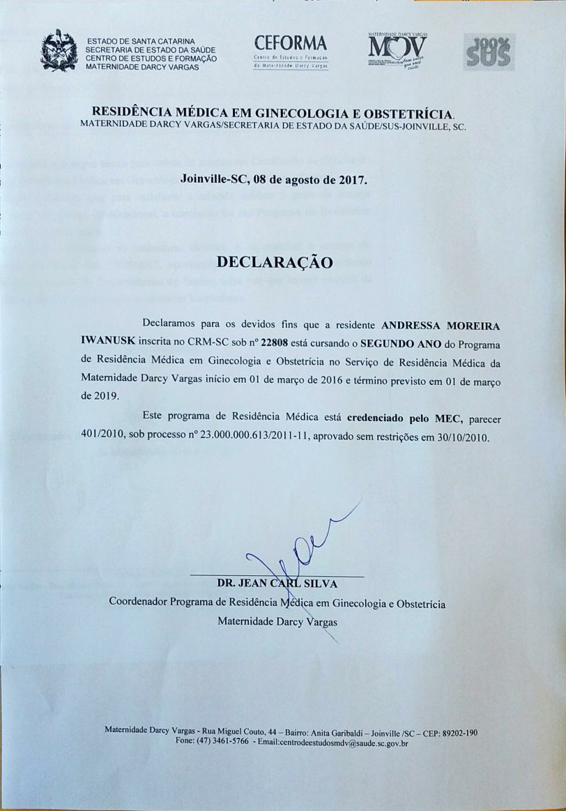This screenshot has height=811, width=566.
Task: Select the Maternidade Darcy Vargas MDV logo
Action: coord(397,51)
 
